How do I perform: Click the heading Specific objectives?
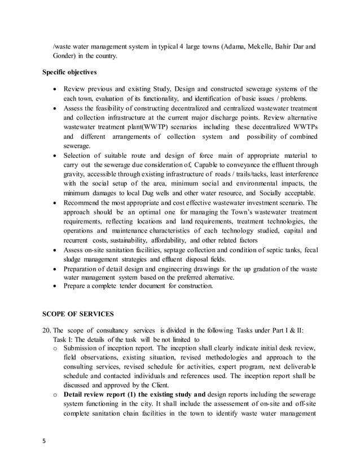pos(70,73)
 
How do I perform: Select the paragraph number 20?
pos(47,330)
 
